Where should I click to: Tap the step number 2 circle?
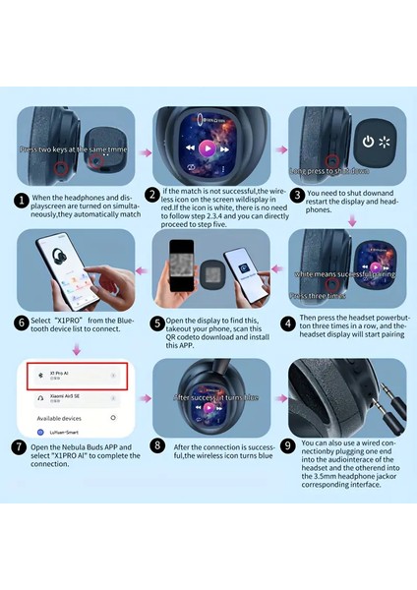pyautogui.click(x=152, y=194)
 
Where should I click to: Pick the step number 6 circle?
pyautogui.click(x=21, y=322)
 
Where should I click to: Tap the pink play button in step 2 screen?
pyautogui.click(x=208, y=147)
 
